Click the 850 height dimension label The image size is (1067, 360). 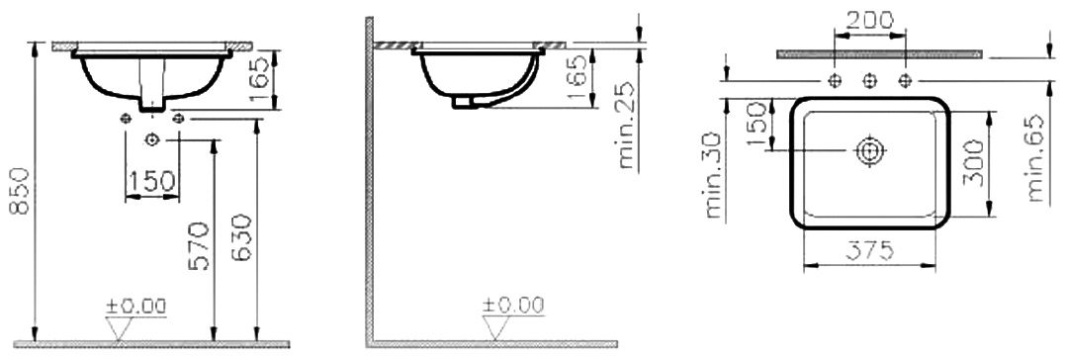click(x=20, y=190)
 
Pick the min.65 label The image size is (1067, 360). click(x=1035, y=158)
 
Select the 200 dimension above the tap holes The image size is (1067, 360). click(x=869, y=21)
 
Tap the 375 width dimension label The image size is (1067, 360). click(x=869, y=252)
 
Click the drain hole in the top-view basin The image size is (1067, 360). click(x=868, y=150)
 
